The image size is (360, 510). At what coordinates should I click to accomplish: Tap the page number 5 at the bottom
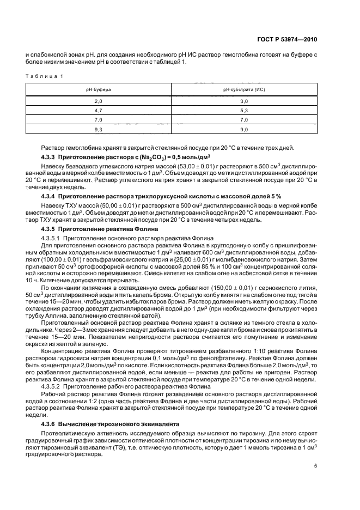point(316,466)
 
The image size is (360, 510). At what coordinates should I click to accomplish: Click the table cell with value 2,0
point(99,101)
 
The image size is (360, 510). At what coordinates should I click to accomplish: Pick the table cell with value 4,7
point(99,110)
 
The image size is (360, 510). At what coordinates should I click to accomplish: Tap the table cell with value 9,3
point(99,129)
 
